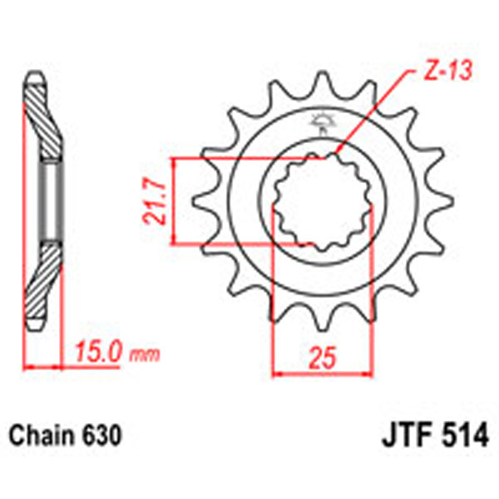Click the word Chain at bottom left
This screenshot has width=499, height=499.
coord(43,435)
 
